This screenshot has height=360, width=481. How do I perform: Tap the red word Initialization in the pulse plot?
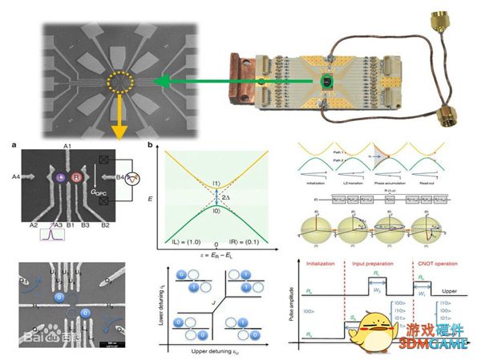(x=317, y=262)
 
